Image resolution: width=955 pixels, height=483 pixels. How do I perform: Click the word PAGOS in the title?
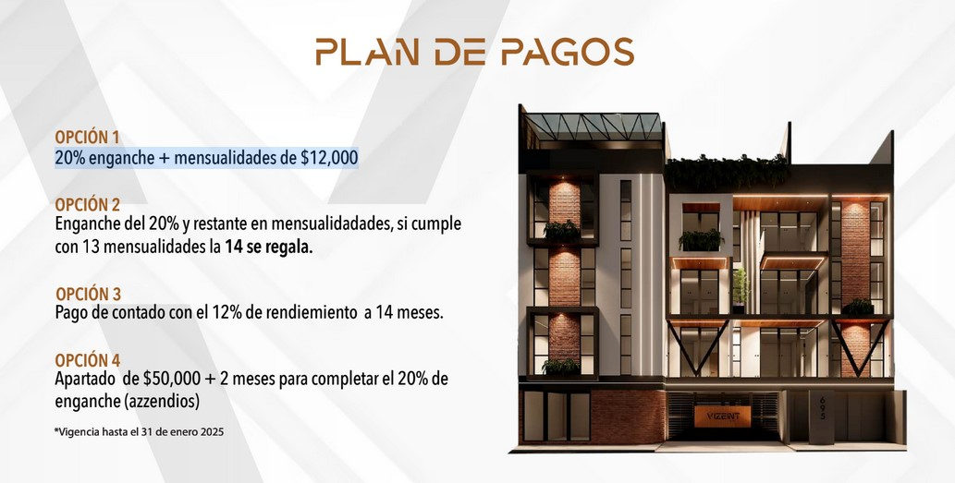(x=568, y=52)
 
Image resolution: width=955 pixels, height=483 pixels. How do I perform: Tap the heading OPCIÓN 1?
(x=88, y=138)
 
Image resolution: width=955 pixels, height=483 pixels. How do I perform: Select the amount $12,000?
(x=329, y=158)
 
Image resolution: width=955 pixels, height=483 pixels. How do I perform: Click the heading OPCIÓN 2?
(x=88, y=204)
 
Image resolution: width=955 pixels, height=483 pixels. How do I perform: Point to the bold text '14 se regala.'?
(x=269, y=248)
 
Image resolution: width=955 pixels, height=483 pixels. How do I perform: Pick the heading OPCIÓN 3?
(x=89, y=295)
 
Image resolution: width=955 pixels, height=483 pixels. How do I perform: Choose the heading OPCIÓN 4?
(x=88, y=360)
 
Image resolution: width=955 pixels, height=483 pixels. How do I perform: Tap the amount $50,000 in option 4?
(x=172, y=379)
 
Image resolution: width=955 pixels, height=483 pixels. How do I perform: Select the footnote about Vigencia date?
(x=139, y=432)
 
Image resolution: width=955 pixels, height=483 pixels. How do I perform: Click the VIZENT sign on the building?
(x=722, y=417)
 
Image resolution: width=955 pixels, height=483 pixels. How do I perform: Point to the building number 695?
(x=823, y=408)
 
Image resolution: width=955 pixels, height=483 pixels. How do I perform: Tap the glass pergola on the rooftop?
(x=592, y=126)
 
